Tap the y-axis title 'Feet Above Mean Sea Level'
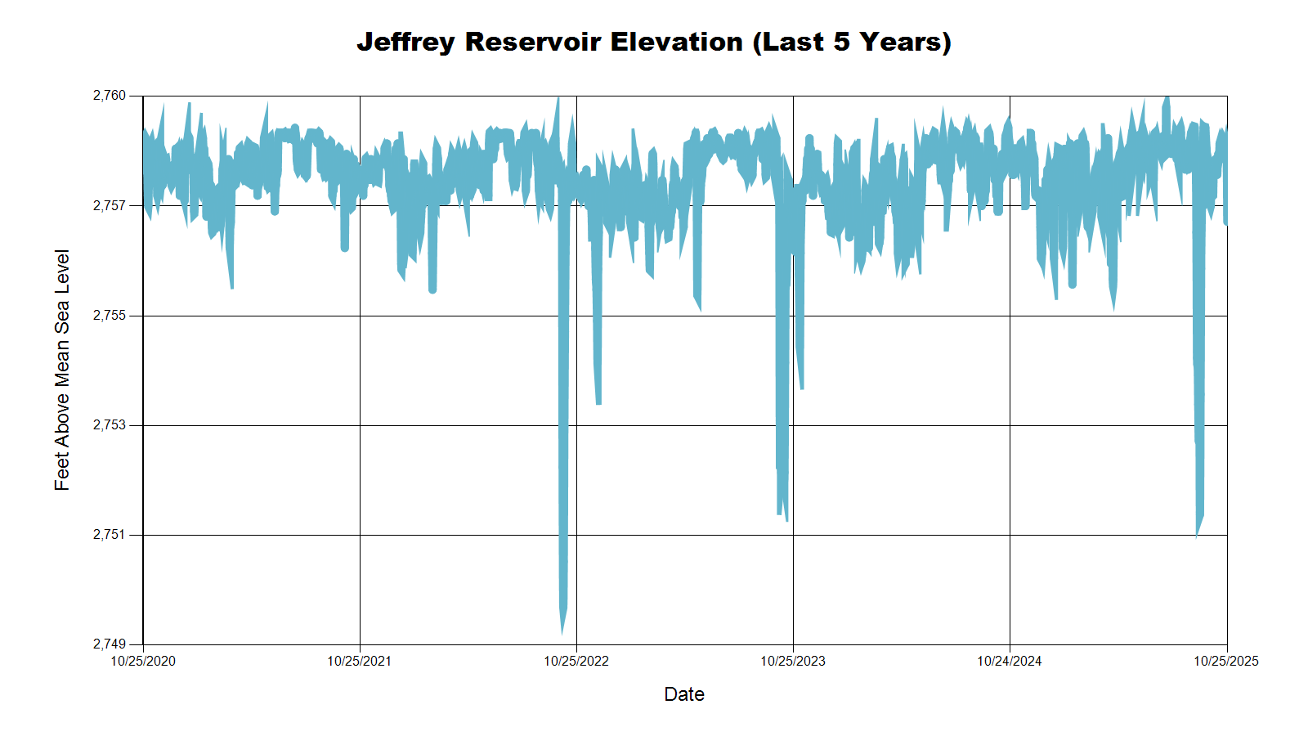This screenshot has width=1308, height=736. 62,370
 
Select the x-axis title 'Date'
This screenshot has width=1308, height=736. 684,694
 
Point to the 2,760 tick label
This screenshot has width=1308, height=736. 110,96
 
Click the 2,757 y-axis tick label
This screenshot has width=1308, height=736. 110,205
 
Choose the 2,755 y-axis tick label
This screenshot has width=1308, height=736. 110,316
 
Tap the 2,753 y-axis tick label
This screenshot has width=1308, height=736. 110,425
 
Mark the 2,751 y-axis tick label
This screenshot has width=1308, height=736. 110,535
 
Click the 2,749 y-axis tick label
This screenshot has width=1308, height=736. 110,644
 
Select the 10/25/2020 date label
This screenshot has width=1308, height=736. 143,662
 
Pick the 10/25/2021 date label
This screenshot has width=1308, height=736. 360,662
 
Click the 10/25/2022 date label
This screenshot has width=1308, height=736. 576,662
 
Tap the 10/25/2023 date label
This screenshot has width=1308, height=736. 793,662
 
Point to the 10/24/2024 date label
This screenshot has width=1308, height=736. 1010,662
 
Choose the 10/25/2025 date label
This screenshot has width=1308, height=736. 1226,662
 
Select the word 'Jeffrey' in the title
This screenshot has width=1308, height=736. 405,42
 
